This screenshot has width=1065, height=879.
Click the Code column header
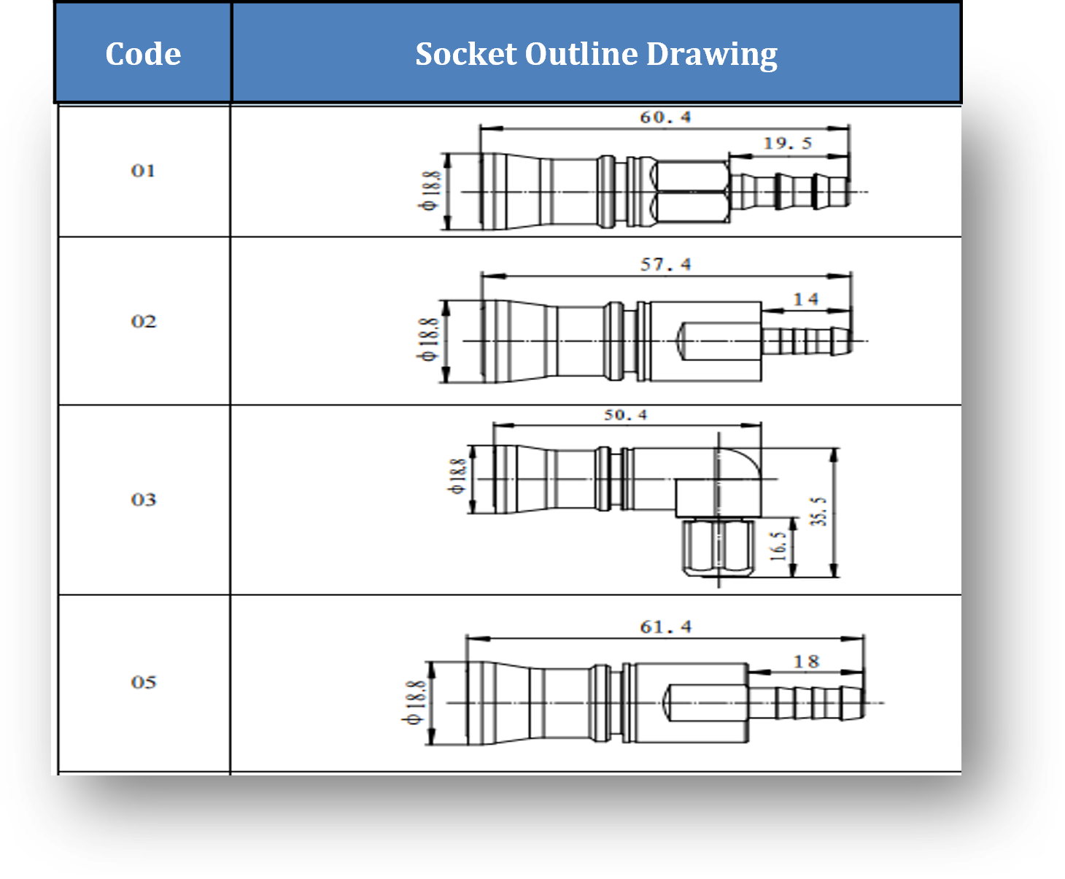143,54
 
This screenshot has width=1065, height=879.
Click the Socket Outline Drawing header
596,54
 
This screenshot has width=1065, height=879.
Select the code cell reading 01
143,171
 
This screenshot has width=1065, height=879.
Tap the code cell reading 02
144,322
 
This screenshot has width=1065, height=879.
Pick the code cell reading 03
144,500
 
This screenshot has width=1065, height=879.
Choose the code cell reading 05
144,682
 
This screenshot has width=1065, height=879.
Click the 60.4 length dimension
665,117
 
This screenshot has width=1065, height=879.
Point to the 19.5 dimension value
787,144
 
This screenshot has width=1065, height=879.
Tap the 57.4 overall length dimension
665,265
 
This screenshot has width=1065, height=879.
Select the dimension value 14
806,299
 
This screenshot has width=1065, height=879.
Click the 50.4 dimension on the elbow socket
625,415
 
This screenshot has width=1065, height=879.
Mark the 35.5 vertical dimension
818,511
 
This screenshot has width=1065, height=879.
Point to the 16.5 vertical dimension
778,546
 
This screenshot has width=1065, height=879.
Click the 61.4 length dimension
665,627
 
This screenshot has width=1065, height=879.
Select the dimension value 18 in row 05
806,662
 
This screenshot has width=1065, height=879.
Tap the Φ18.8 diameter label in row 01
431,191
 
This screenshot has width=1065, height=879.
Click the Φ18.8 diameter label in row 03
457,476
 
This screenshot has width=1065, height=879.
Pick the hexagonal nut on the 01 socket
692,193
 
